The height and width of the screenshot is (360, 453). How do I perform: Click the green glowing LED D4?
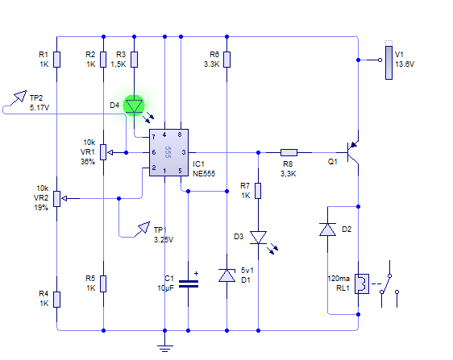[x=134, y=106]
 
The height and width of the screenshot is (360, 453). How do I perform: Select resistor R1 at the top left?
[x=57, y=60]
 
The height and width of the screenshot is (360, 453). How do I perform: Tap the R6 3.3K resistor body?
[x=226, y=60]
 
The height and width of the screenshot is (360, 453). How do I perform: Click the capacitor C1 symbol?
[x=189, y=284]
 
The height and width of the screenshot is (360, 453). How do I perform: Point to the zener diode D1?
[x=226, y=275]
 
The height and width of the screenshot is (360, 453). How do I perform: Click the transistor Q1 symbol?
[x=352, y=152]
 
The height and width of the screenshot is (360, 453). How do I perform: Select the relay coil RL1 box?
[x=362, y=283]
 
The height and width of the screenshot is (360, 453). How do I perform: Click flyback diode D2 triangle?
[x=327, y=230]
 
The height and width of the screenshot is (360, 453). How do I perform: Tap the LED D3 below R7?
[x=258, y=238]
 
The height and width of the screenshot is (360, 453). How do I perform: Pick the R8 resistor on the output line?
[x=289, y=152]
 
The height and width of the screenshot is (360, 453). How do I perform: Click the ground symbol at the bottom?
[x=165, y=349]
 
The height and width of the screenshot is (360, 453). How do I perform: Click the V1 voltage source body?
[x=389, y=60]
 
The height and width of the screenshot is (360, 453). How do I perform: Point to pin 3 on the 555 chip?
[x=184, y=152]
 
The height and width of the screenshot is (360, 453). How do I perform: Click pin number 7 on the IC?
[x=153, y=137]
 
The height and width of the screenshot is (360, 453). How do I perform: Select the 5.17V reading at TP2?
[x=39, y=108]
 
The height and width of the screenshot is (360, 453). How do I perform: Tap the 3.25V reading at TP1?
[x=164, y=240]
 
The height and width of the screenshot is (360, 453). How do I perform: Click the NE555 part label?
[x=204, y=173]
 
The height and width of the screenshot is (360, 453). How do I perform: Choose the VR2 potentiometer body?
[x=57, y=199]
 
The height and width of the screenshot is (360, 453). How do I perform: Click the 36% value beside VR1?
[x=88, y=161]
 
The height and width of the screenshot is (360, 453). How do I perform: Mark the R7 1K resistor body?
[x=258, y=191]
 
